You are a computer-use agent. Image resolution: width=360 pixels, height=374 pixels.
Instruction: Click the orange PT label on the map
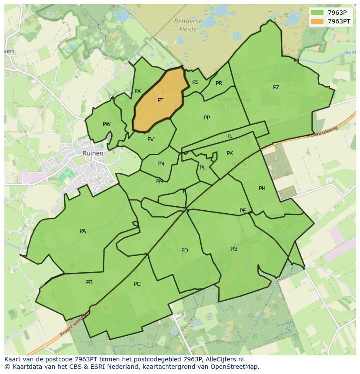pyautogui.click(x=160, y=100)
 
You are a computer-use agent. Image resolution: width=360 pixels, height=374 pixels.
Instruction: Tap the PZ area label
pyautogui.click(x=276, y=87)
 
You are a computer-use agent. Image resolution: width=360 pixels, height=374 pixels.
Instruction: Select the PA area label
pyautogui.click(x=83, y=231)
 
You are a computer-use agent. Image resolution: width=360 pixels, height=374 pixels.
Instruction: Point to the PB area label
pyautogui.click(x=89, y=282)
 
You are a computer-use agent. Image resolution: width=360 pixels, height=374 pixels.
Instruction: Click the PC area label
pyautogui.click(x=137, y=284)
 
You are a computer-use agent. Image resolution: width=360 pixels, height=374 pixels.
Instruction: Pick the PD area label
pyautogui.click(x=185, y=251)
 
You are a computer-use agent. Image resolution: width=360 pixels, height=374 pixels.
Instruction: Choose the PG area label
pyautogui.click(x=234, y=249)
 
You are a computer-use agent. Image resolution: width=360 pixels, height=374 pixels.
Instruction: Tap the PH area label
pyautogui.click(x=262, y=189)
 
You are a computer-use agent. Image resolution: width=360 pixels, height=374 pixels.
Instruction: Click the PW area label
pyautogui.click(x=107, y=124)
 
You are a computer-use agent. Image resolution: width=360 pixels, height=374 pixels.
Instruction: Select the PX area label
pyautogui.click(x=137, y=91)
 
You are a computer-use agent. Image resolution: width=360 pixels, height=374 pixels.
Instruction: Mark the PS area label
pyautogui.click(x=195, y=82)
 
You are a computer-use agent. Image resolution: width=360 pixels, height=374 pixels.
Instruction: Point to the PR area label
pyautogui.click(x=219, y=83)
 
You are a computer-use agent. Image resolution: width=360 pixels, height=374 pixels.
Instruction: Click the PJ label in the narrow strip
pyautogui.click(x=230, y=136)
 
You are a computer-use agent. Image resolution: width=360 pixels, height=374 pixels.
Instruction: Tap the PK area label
pyautogui.click(x=230, y=153)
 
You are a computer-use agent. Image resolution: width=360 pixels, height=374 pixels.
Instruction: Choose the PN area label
pyautogui.click(x=161, y=164)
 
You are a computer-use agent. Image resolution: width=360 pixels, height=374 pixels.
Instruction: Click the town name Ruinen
pyautogui.click(x=93, y=153)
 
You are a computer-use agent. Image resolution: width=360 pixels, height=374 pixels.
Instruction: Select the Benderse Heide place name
pyautogui.click(x=188, y=25)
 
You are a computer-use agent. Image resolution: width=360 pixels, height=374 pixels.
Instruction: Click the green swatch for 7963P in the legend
pyautogui.click(x=317, y=13)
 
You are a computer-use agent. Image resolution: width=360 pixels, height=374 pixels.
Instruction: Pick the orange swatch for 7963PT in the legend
pyautogui.click(x=317, y=21)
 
